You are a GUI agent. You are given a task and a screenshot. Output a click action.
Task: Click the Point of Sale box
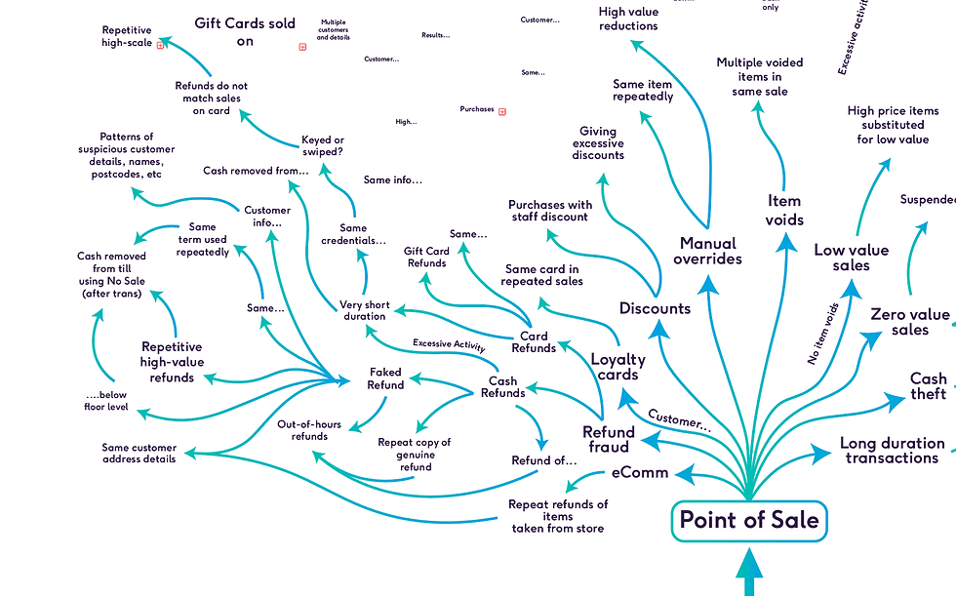(x=749, y=520)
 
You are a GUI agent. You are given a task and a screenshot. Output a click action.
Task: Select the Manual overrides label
(x=709, y=251)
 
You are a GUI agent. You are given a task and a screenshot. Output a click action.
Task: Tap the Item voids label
(x=784, y=210)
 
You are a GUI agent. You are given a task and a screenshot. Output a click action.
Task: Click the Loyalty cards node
(x=617, y=367)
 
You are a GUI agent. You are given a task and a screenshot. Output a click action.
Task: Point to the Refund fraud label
(x=609, y=439)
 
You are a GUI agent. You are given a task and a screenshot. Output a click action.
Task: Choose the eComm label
(x=640, y=473)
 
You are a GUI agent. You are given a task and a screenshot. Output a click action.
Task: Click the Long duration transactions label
(x=892, y=451)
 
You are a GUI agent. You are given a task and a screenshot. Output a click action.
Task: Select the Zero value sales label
(x=909, y=322)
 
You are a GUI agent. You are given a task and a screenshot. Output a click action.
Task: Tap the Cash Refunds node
(x=502, y=387)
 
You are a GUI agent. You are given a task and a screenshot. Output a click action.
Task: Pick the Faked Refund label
(x=385, y=378)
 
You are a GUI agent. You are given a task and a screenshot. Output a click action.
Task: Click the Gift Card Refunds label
(x=426, y=257)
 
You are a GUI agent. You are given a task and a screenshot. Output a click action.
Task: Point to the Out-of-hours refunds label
(x=309, y=430)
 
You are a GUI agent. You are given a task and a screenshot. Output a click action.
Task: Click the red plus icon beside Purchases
(x=502, y=111)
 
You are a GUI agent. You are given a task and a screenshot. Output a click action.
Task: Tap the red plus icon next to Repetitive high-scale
(x=161, y=45)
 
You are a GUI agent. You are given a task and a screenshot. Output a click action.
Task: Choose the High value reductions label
(x=628, y=20)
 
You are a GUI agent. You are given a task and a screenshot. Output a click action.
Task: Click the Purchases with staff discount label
(x=550, y=211)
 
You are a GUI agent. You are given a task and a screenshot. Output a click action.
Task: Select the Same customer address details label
(x=139, y=453)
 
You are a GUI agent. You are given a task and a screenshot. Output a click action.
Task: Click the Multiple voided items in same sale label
(x=760, y=77)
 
